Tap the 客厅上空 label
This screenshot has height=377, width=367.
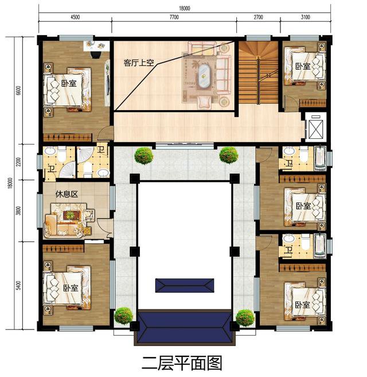pos(138,63)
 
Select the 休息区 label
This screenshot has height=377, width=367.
pos(67,194)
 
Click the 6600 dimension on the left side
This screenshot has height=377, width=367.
pos(18,90)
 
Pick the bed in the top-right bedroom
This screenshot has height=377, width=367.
pos(304,67)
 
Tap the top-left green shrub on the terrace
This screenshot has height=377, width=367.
pos(143,155)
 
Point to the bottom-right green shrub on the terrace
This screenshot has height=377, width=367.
pos(245,317)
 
